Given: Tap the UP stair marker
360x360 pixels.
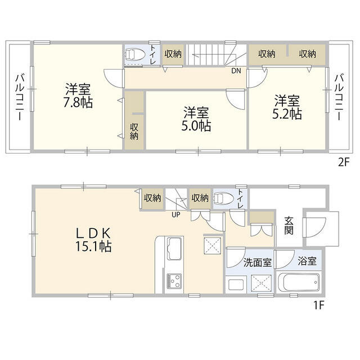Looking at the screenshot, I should click(176, 214).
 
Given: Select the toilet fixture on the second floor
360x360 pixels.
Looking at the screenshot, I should click(136, 56).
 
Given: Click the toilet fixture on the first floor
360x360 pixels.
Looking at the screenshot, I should click(225, 199).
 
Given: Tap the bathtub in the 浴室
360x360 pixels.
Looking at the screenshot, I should click(299, 281).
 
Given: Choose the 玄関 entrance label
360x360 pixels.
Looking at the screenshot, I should click(289, 224).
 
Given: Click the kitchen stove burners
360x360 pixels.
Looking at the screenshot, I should click(173, 281).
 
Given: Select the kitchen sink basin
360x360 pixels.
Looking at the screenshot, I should click(174, 247).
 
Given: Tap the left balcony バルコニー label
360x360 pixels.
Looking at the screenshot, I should click(19, 97).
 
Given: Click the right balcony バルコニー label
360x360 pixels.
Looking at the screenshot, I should click(339, 97).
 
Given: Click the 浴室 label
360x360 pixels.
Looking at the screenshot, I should click(308, 262).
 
